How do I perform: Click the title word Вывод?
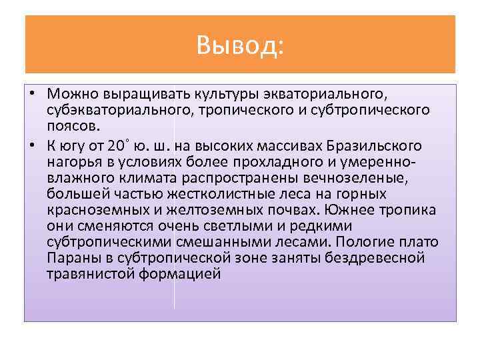[x=240, y=45]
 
